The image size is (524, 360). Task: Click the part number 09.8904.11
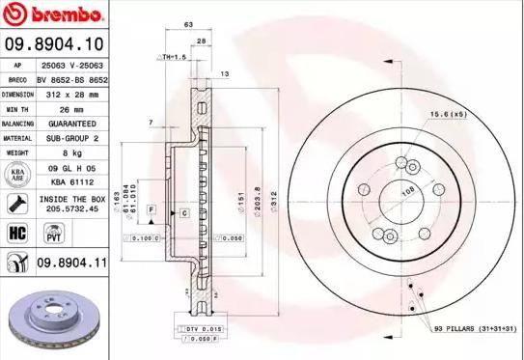[x=71, y=261]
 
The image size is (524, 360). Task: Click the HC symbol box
[x=16, y=233]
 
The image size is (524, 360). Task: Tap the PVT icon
[x=54, y=233]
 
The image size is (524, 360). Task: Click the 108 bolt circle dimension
[x=408, y=190]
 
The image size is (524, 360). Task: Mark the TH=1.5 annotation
[x=176, y=58]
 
